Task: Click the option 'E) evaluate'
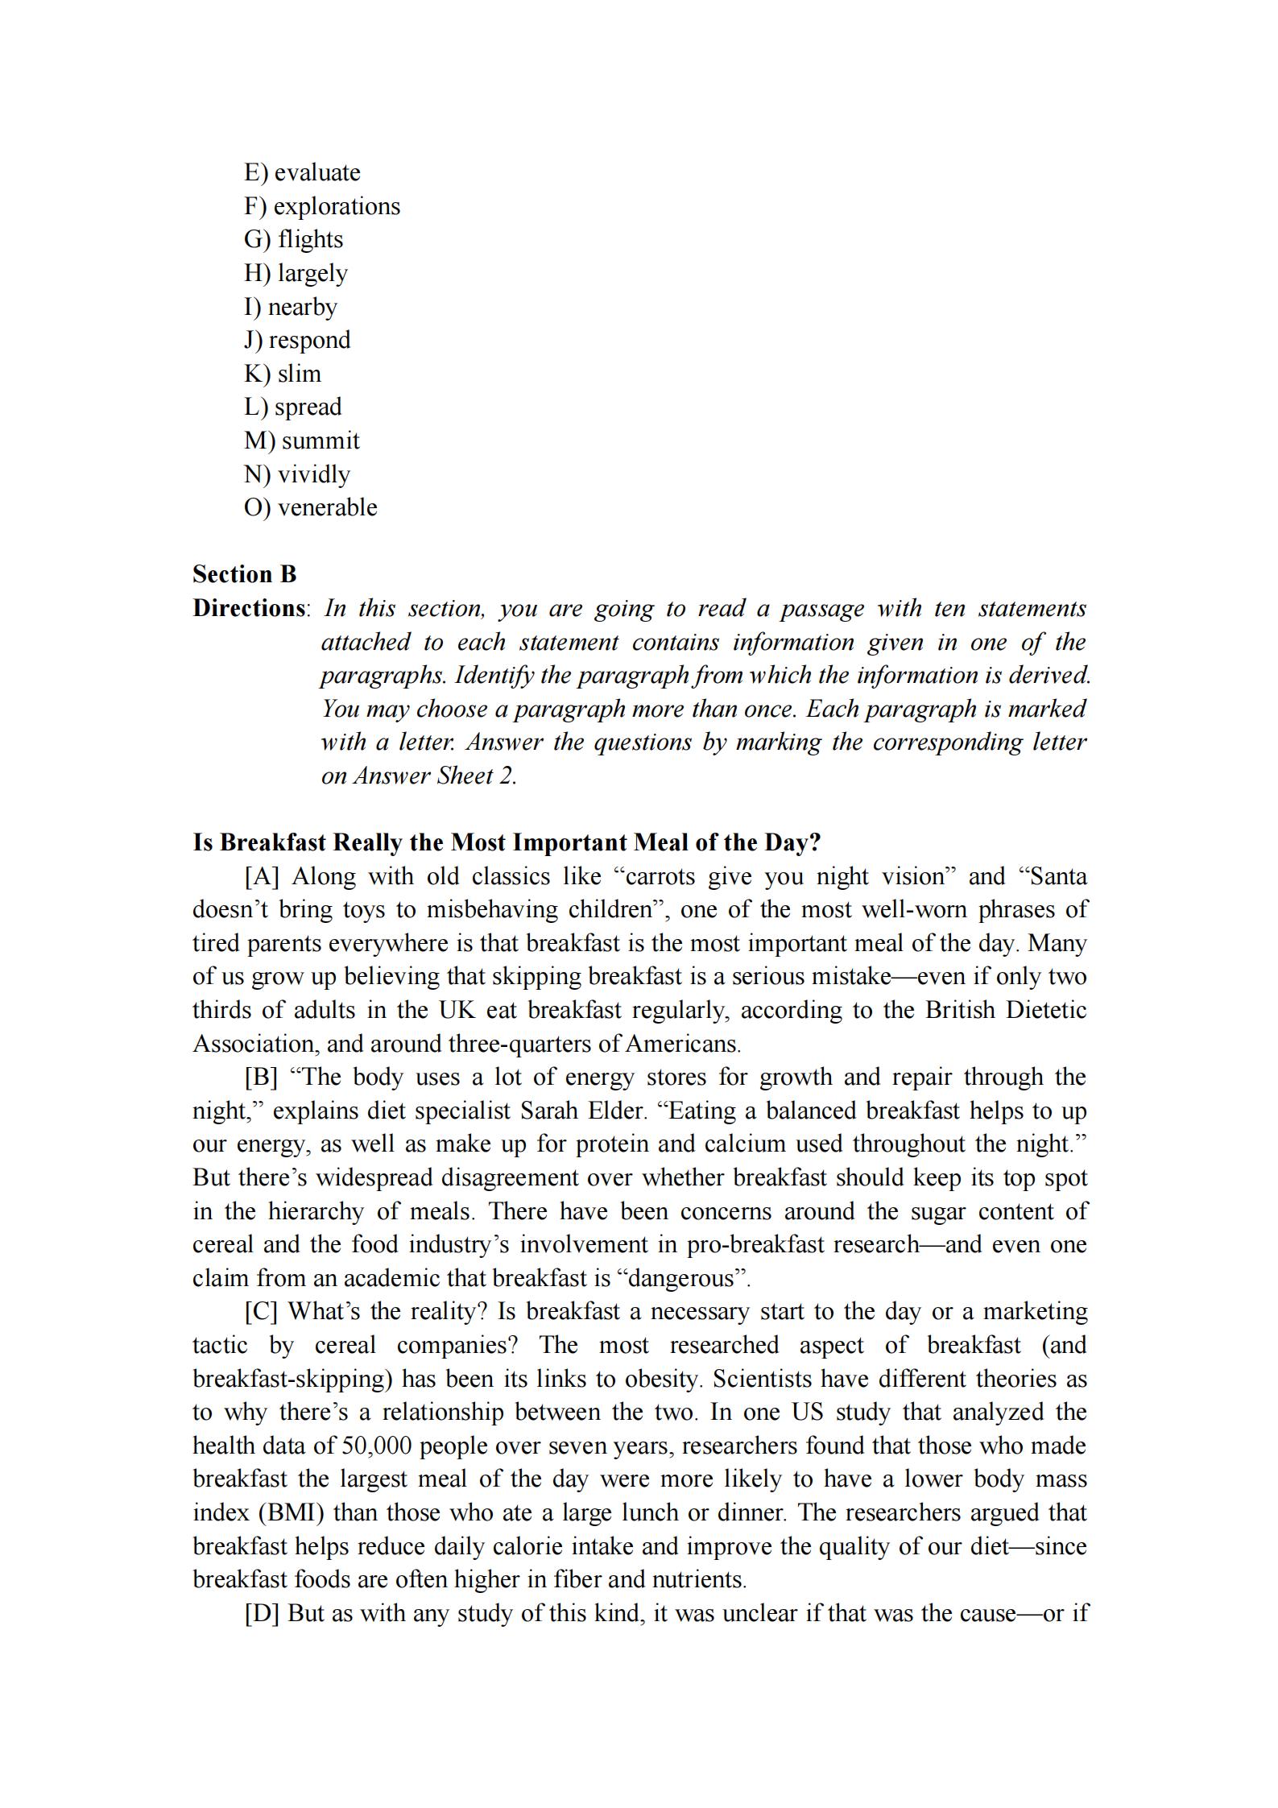[302, 172]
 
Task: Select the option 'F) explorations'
[322, 206]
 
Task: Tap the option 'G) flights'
[294, 239]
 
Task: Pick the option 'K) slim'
[283, 374]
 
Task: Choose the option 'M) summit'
[302, 441]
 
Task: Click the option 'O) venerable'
[311, 507]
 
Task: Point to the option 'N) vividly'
[297, 474]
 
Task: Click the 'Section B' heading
[245, 574]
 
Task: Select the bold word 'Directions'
[249, 608]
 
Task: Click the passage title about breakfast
[507, 842]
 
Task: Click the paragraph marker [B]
[261, 1077]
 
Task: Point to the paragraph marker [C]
[261, 1311]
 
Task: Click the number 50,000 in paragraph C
[376, 1446]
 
